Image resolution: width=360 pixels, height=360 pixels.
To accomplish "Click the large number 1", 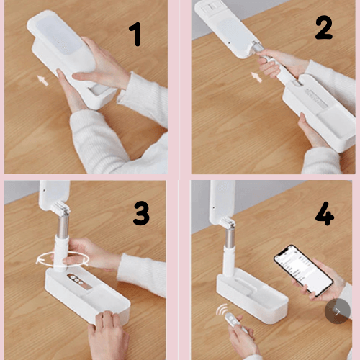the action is click(136, 35).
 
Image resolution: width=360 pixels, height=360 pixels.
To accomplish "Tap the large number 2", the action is click(324, 27).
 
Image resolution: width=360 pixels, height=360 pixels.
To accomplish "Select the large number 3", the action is click(141, 213).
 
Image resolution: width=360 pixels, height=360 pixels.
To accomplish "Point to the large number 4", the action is click(325, 213).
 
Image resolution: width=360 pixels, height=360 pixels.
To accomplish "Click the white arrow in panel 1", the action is click(43, 80).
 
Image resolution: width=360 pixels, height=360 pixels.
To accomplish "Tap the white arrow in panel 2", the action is click(256, 77).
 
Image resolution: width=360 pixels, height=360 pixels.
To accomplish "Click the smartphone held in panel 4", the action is click(304, 271).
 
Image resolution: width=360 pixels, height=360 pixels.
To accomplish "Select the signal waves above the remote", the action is click(222, 310).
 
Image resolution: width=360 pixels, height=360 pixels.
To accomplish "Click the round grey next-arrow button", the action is click(338, 311).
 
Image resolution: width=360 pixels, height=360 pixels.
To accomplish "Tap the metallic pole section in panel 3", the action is click(63, 226).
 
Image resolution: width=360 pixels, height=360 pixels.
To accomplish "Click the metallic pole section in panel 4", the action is click(230, 237).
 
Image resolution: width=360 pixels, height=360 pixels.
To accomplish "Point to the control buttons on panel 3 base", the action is click(77, 280).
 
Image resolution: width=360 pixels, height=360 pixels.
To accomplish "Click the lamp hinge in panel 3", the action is click(60, 208).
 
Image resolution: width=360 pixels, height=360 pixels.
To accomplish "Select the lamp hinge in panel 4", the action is click(228, 222).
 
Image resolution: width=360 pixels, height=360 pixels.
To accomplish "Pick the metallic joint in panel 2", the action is click(256, 47).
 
